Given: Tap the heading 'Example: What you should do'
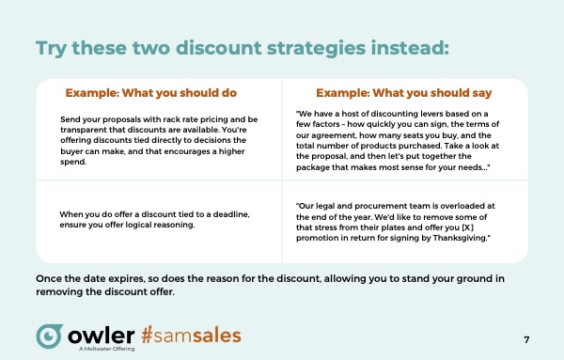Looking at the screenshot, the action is [x=151, y=93].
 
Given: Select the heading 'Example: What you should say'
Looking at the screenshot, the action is [x=403, y=93].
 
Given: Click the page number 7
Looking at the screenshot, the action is [x=526, y=339].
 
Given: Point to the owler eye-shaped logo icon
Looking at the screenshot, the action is [x=49, y=336].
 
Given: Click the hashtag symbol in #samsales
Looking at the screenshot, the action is [x=148, y=335].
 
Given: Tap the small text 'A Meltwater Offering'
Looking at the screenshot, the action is [x=107, y=349].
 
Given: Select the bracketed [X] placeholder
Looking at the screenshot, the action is [x=467, y=227].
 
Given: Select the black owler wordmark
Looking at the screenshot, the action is [x=102, y=336].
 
